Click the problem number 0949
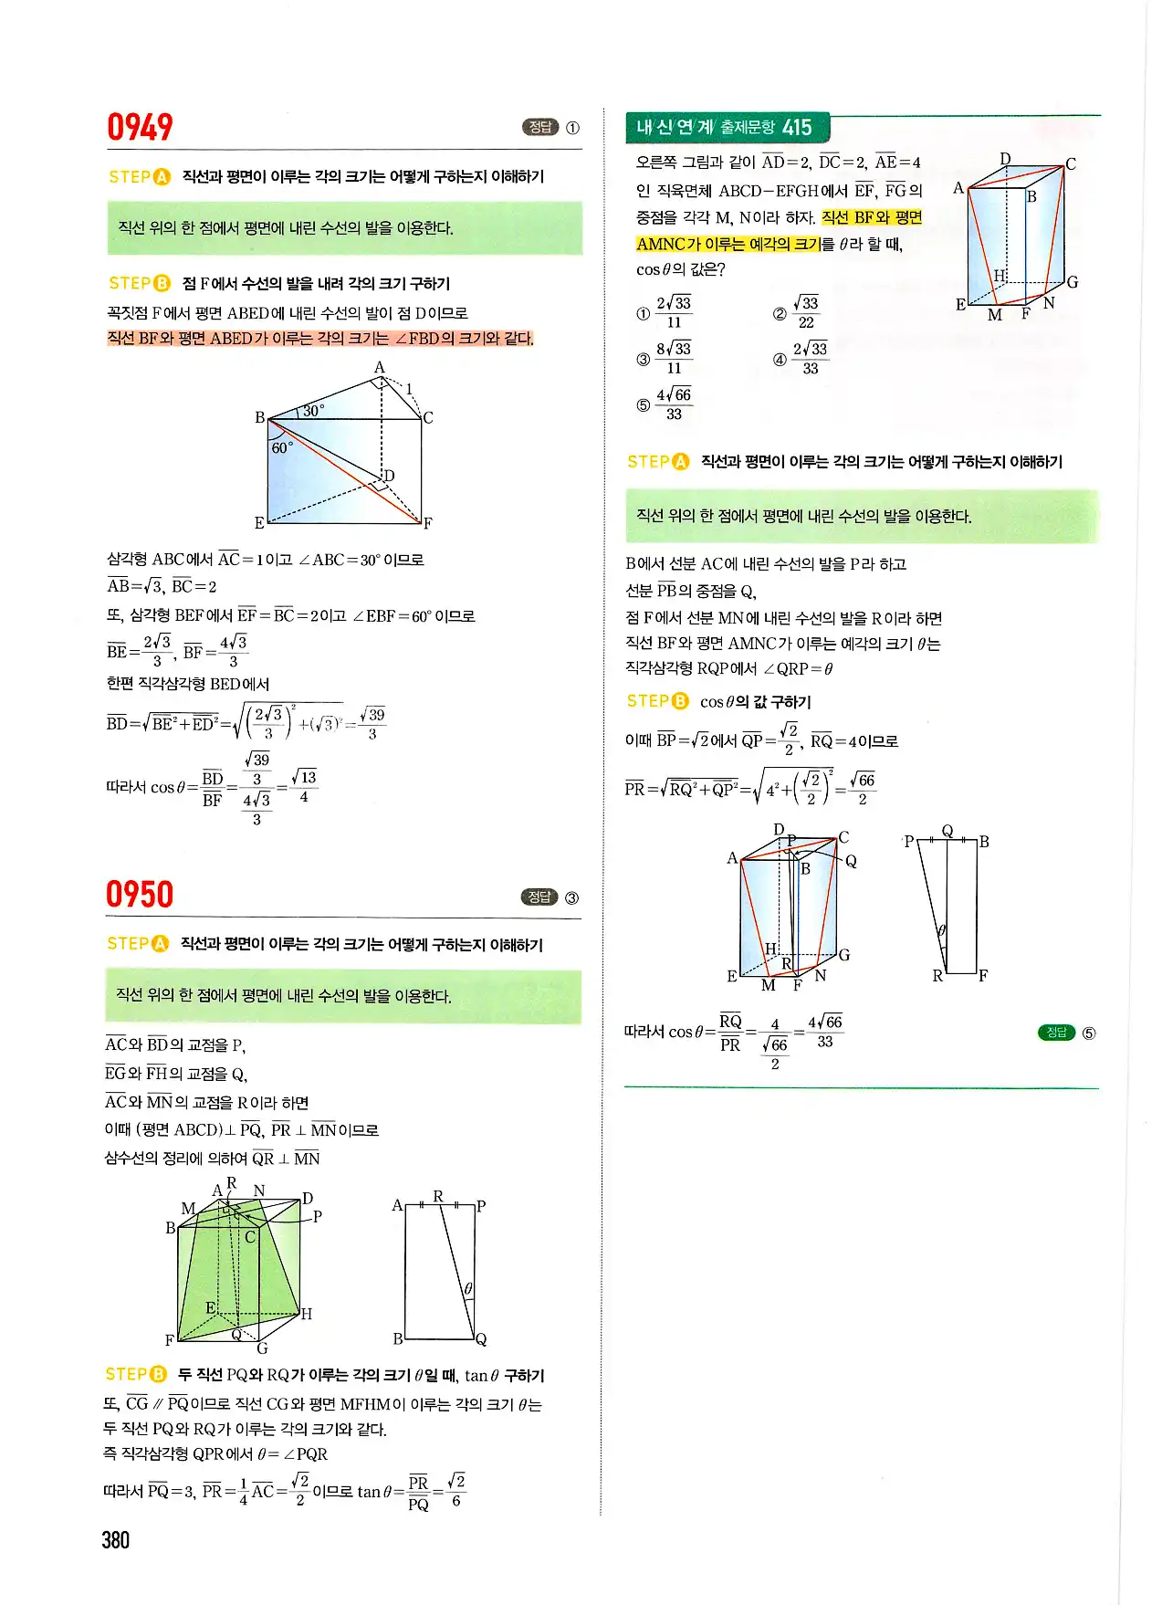(140, 127)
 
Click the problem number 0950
(140, 894)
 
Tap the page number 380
(116, 1540)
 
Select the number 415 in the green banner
(797, 127)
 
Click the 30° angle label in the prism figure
(313, 411)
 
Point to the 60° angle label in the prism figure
(282, 447)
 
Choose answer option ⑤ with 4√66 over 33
(674, 404)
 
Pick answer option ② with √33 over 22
(805, 312)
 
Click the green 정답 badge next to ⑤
(1056, 1033)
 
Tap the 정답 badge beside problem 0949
(539, 127)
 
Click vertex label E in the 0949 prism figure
(259, 522)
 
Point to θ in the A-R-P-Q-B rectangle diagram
(467, 1288)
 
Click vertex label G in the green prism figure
(262, 1348)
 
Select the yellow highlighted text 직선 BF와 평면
(872, 217)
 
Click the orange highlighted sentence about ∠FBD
(320, 339)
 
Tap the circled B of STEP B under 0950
(159, 1374)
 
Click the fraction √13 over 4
(306, 787)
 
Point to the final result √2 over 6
(456, 1490)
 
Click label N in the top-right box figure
(1049, 303)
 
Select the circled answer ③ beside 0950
(571, 897)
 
